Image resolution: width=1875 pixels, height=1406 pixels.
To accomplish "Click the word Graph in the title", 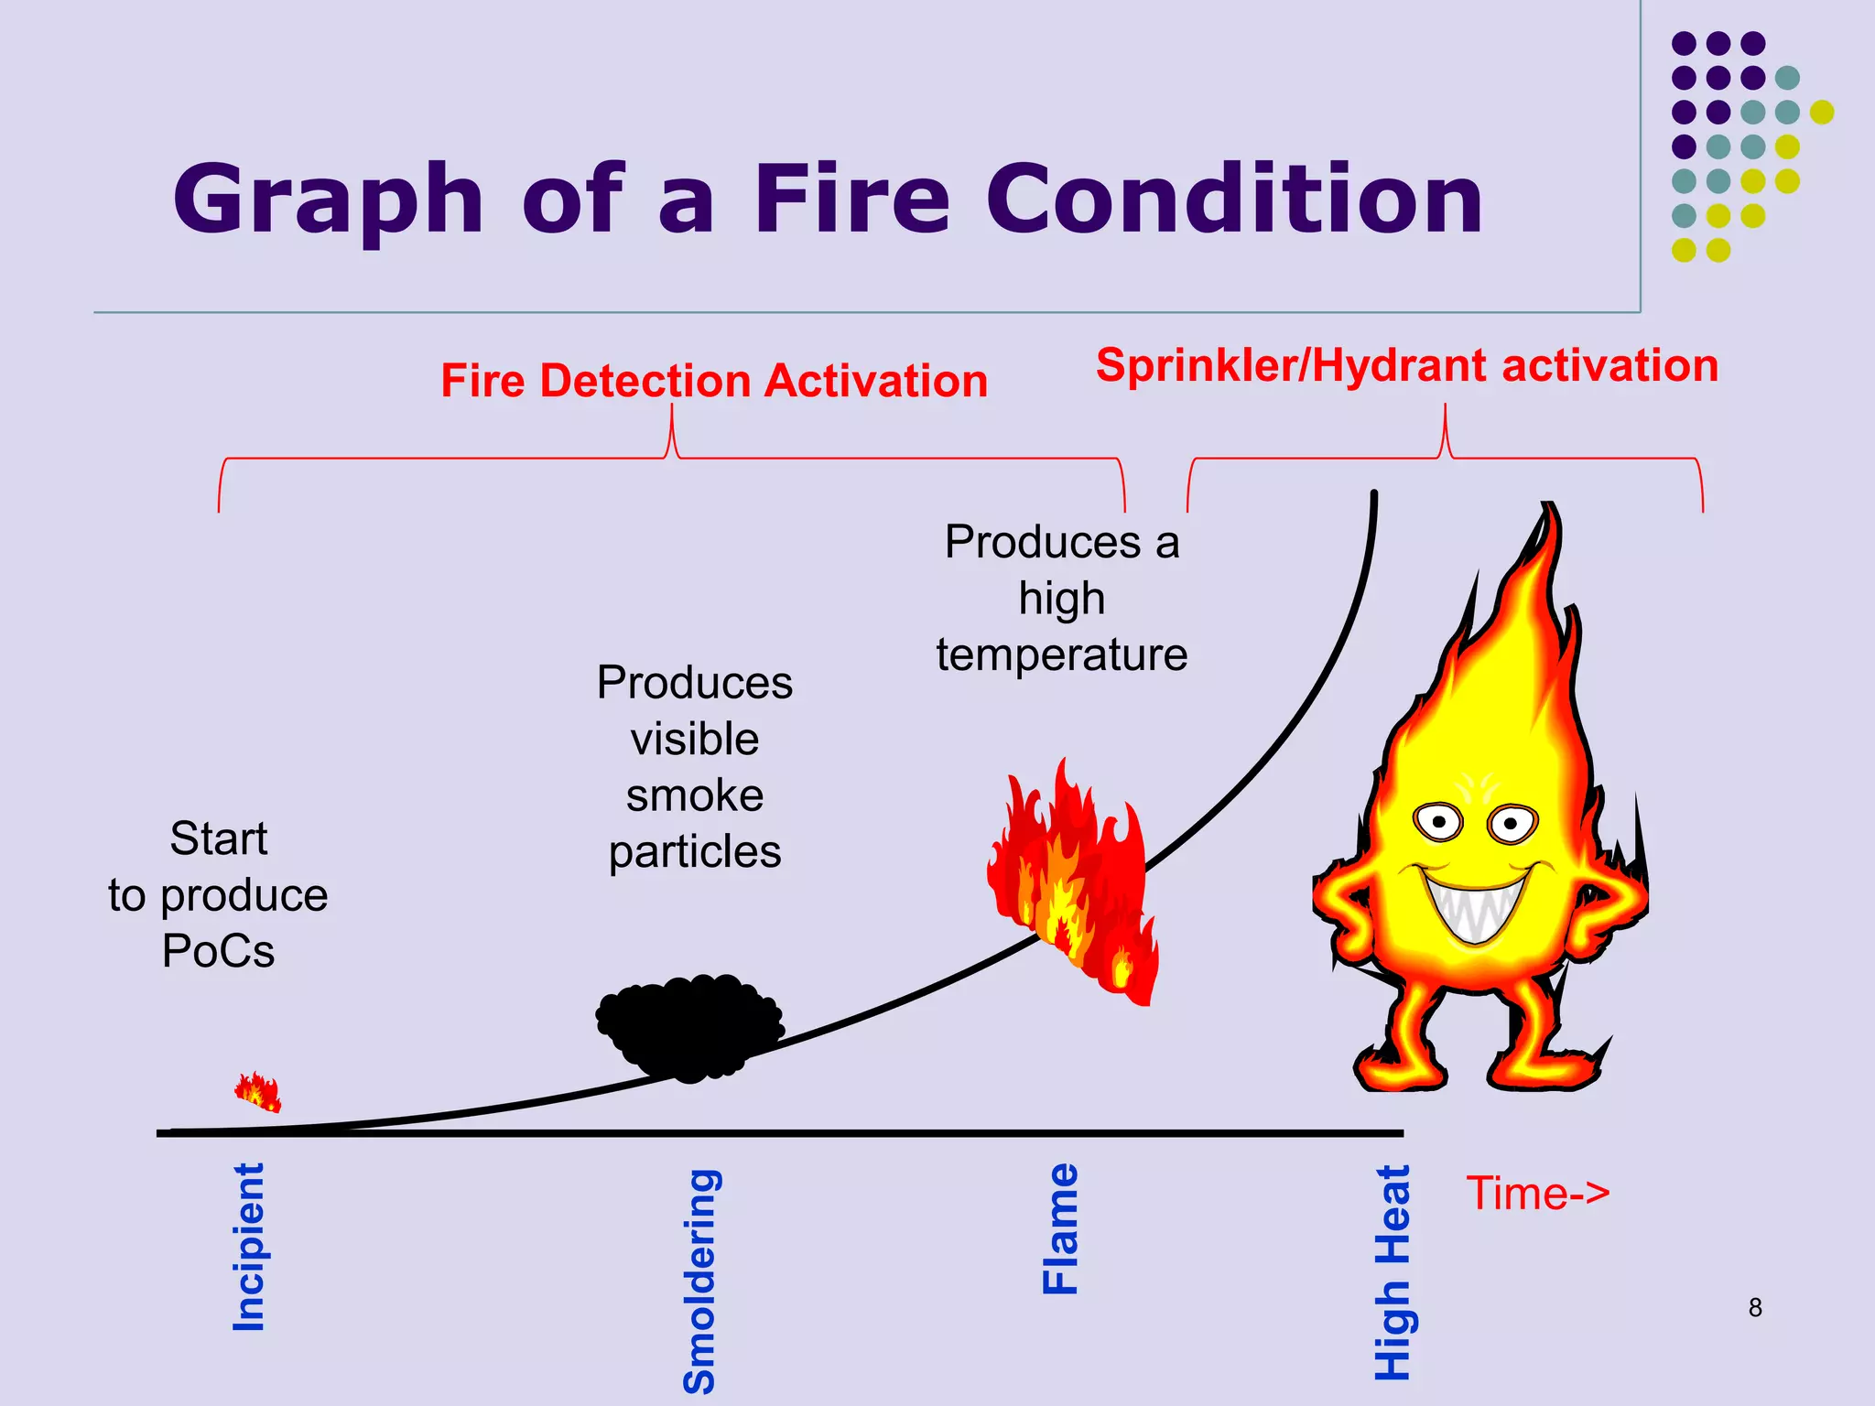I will click(328, 200).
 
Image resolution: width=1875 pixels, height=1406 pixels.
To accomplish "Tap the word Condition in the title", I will click(1233, 200).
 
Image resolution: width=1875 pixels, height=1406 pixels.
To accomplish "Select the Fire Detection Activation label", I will click(714, 381).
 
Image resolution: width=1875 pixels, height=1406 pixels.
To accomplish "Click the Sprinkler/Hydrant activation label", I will click(1406, 365).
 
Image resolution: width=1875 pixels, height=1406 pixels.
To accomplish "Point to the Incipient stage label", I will click(249, 1247).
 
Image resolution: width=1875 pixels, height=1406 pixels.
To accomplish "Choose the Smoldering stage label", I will click(700, 1282).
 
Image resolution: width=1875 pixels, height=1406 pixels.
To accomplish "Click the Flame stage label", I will click(1061, 1228).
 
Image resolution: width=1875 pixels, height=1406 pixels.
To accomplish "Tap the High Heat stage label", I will click(1393, 1272).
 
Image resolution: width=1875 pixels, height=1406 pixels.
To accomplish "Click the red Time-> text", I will click(1537, 1194).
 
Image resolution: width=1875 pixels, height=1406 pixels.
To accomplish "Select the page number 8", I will click(1754, 1308).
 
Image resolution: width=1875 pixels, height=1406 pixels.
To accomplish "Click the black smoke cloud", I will click(689, 1027).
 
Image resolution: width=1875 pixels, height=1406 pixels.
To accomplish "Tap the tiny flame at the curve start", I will click(258, 1091).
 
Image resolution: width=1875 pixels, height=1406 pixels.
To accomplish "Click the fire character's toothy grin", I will click(1475, 905).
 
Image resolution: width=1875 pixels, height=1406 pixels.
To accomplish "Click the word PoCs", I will click(218, 951).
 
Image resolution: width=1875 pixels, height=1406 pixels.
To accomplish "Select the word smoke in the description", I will click(695, 795).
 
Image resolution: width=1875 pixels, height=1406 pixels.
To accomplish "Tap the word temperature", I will click(1062, 655).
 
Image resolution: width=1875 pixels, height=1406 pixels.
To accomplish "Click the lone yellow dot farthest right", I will click(1821, 112).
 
